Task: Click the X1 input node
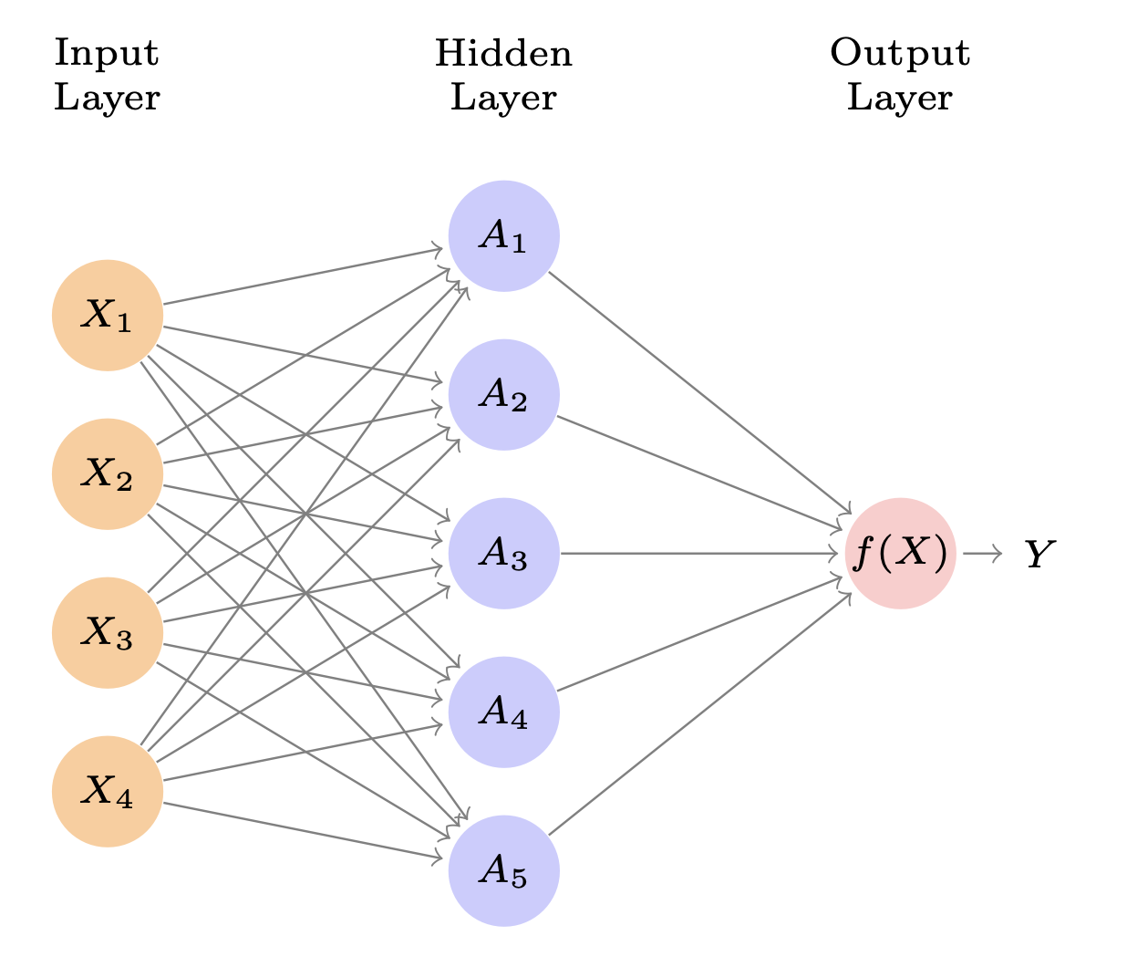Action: [x=108, y=316]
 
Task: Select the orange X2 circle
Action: [x=108, y=474]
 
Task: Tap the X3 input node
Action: [x=108, y=632]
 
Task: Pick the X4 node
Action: [x=108, y=791]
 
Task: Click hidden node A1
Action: [x=503, y=236]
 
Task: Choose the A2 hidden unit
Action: [x=503, y=395]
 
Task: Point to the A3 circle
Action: [x=503, y=554]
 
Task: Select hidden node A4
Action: [x=503, y=712]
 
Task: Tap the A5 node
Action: [x=503, y=870]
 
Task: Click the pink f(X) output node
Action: [x=900, y=554]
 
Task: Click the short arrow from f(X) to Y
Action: [x=982, y=554]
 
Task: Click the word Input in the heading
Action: [x=107, y=54]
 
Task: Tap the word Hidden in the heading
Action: [x=503, y=54]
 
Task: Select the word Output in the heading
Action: [x=900, y=54]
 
